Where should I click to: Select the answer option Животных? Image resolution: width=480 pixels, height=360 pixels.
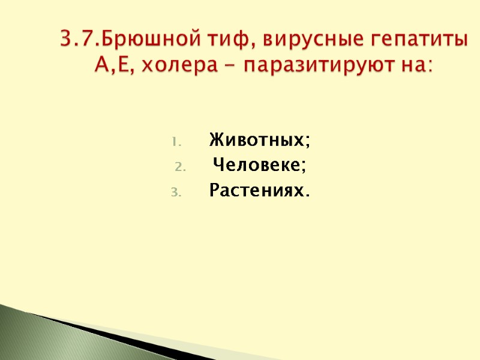[256, 141]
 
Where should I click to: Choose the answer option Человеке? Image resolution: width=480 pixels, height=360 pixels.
[256, 166]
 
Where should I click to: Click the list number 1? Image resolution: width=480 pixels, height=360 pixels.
[175, 142]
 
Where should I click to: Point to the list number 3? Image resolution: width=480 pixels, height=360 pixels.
[175, 192]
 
